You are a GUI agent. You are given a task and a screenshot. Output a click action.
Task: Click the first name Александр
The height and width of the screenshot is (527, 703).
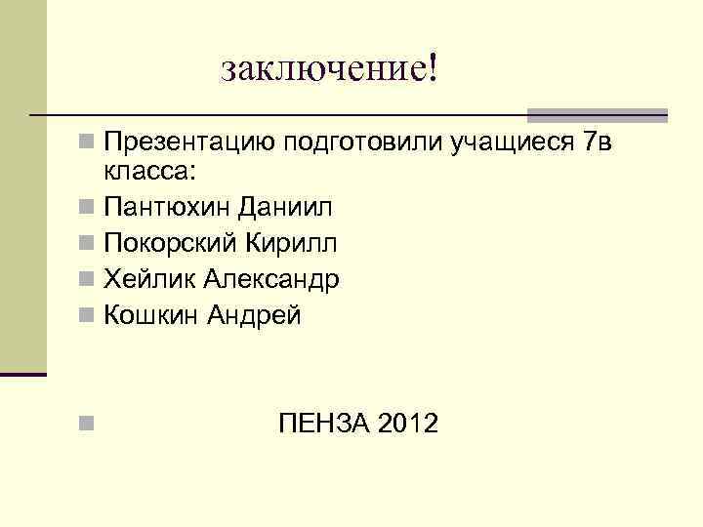(272, 280)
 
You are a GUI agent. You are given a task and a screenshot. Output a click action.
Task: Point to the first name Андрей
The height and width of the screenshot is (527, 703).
(254, 316)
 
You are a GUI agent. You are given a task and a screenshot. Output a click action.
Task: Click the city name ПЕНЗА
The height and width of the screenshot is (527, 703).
(322, 425)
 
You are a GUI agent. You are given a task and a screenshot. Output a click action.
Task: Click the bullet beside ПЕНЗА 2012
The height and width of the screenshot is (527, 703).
(87, 425)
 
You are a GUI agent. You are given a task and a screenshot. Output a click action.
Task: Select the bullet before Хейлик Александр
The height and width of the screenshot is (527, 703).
(87, 280)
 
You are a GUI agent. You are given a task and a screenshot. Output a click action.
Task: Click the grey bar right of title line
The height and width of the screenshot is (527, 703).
(597, 114)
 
